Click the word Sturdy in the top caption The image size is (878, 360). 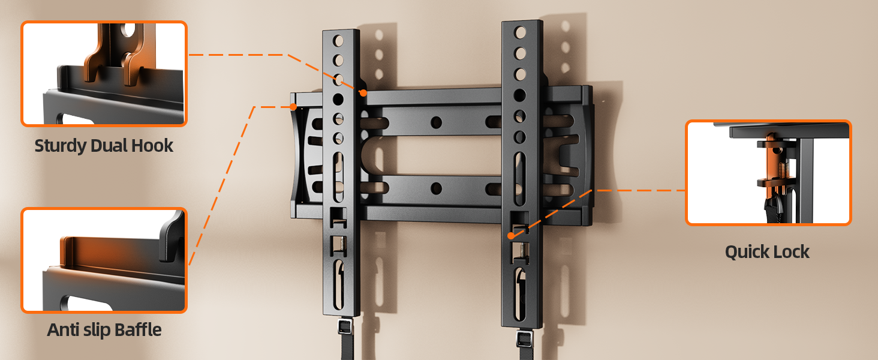[61, 146]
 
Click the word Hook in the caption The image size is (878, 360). [152, 145]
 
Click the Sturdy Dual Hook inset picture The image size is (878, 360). [104, 74]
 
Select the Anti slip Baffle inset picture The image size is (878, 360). [104, 260]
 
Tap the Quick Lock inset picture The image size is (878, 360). [768, 173]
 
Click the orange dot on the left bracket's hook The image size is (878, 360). [363, 93]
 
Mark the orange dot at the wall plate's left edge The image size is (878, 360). [293, 107]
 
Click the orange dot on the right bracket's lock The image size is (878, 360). [511, 236]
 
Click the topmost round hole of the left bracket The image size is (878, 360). [338, 41]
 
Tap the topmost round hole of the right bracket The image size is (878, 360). [520, 32]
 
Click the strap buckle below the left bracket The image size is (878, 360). [345, 326]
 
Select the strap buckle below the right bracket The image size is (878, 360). [524, 338]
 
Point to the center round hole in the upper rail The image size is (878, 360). [436, 122]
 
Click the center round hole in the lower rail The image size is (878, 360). [436, 188]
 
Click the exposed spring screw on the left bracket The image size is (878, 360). [342, 244]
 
